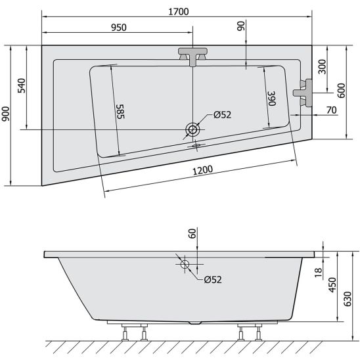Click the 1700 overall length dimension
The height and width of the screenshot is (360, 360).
click(179, 12)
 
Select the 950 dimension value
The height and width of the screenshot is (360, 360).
click(119, 28)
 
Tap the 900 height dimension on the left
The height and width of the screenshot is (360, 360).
click(5, 114)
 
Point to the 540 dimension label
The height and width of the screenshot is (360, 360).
click(22, 85)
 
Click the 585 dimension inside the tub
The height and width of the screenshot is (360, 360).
click(120, 112)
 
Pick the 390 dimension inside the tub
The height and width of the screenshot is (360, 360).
click(272, 99)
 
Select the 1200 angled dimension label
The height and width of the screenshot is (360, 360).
click(203, 170)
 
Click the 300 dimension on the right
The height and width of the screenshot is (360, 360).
click(323, 66)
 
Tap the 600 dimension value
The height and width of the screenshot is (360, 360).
click(342, 91)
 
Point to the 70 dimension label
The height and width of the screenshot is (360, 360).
click(332, 110)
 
